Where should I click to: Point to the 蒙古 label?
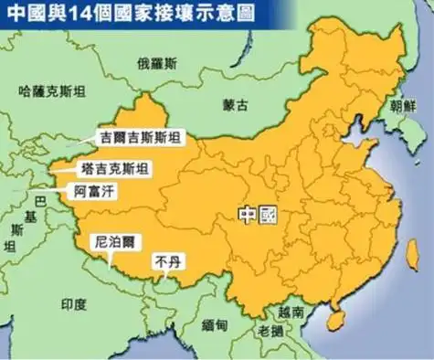(236, 105)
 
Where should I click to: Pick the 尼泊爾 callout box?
(116, 243)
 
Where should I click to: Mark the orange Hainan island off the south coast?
(336, 320)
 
